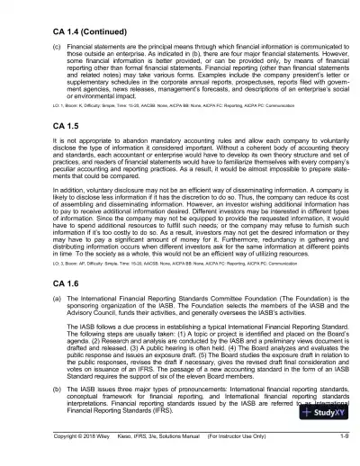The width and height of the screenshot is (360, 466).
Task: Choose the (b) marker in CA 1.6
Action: [x=32, y=411]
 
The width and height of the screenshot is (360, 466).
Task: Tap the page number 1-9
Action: [x=344, y=460]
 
